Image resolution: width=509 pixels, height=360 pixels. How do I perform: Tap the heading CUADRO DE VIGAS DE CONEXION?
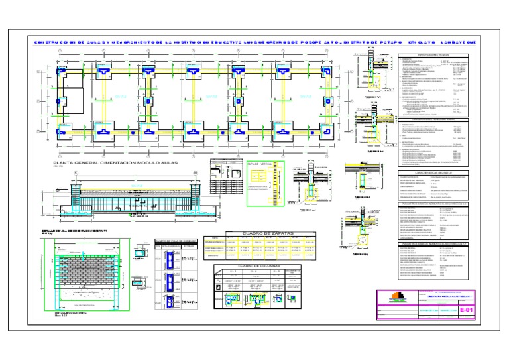[x=172, y=239]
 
